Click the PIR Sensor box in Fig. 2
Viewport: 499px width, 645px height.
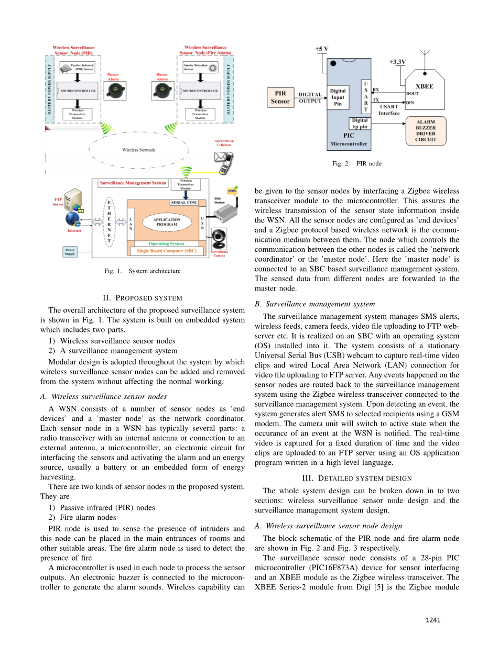pos(280,97)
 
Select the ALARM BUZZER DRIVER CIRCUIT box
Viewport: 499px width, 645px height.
pos(425,130)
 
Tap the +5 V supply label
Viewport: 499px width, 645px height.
pos(321,49)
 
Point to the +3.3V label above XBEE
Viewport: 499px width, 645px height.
pos(397,61)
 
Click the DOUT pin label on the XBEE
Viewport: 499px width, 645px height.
pos(413,94)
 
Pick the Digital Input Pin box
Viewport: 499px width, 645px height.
pos(338,97)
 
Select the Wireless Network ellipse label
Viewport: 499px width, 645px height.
pos(138,150)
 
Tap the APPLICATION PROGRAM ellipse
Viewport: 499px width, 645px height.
pos(167,221)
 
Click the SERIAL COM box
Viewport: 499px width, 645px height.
pos(183,202)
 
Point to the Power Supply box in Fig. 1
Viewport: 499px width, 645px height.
pos(70,252)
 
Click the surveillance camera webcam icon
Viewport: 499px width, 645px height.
pos(218,239)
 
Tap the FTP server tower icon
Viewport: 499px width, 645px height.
pos(73,201)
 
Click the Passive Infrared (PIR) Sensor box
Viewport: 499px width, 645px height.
pos(79,67)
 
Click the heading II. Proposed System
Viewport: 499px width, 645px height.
pos(142,298)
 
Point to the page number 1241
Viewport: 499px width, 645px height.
pos(433,620)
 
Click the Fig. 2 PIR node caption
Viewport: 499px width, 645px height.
pos(356,163)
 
